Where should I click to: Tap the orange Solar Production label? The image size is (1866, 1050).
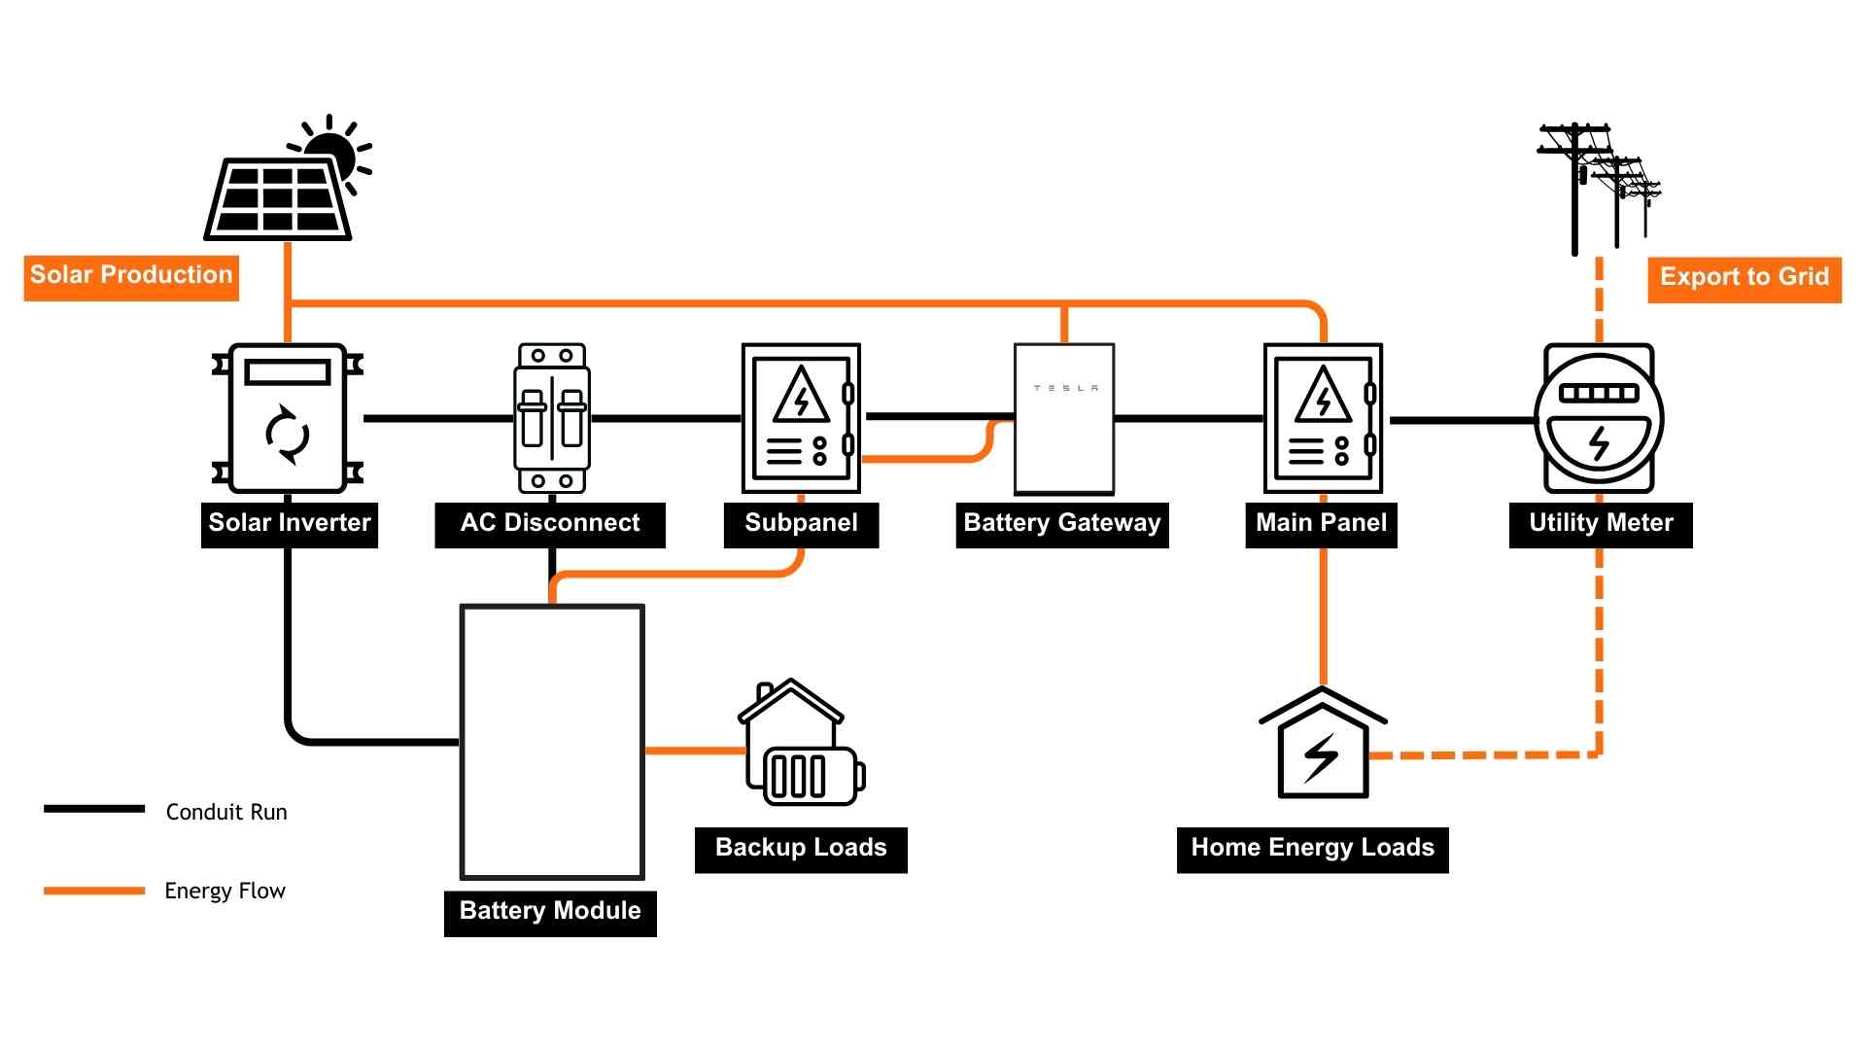[131, 276]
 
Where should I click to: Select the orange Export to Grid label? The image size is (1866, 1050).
[1744, 278]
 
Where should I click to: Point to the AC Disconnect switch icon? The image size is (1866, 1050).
[551, 419]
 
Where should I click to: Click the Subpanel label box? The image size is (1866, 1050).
[801, 524]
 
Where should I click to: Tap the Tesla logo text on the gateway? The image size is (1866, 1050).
[1065, 388]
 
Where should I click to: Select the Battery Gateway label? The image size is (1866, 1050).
[1061, 524]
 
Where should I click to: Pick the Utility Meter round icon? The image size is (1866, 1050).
[1599, 419]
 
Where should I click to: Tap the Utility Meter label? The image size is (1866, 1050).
[1601, 524]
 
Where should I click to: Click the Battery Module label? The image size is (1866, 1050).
[550, 912]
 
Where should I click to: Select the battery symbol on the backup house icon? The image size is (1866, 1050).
[812, 776]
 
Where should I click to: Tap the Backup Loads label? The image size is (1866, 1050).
[801, 849]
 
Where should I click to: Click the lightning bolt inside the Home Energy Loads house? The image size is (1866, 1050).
[1321, 757]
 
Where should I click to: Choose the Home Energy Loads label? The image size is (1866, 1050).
[1312, 849]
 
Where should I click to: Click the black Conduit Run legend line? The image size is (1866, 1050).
[94, 809]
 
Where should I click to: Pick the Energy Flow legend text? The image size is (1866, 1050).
[225, 891]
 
